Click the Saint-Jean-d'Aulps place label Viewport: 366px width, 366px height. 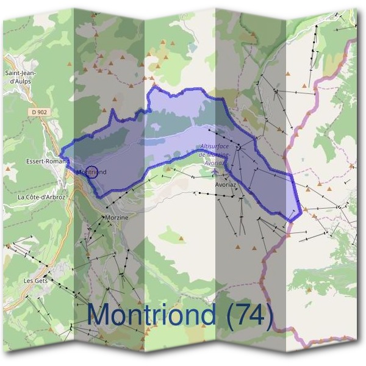(20, 77)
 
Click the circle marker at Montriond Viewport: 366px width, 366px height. (91, 172)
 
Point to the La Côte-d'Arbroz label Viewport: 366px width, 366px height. (41, 197)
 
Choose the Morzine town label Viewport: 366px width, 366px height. (116, 217)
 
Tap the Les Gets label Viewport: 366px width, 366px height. (36, 281)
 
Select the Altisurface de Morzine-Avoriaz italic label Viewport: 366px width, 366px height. (215, 155)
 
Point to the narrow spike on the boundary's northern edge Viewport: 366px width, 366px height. (113, 110)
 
